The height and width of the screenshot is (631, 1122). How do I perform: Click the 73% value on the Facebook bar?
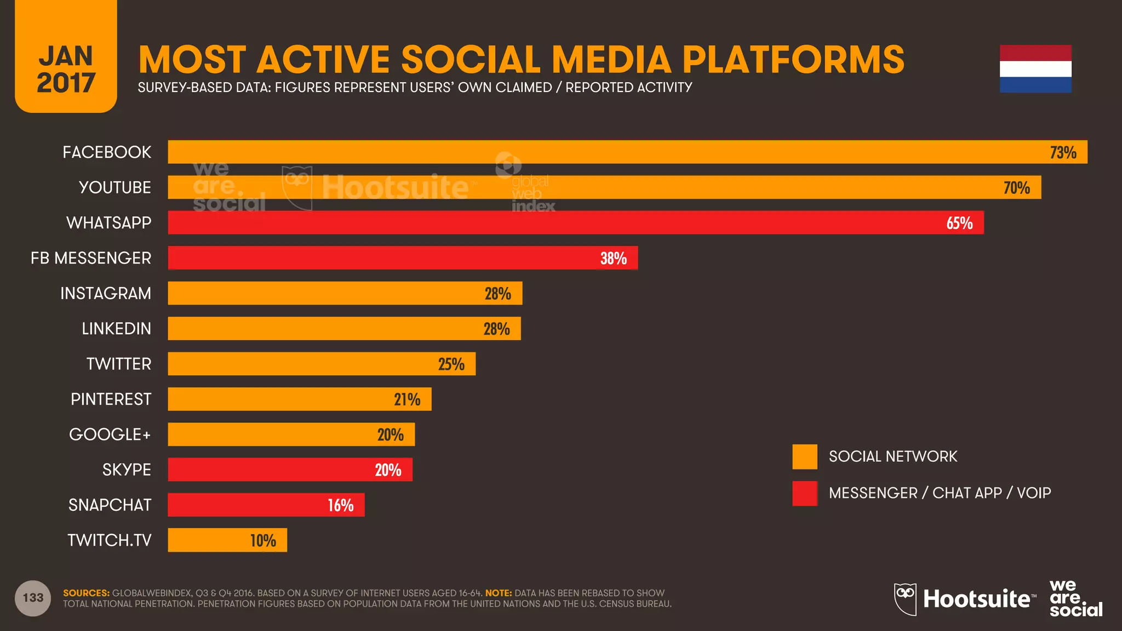(x=1063, y=152)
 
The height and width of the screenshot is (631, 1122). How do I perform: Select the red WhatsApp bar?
(x=575, y=222)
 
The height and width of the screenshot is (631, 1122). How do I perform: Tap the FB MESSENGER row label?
(x=91, y=258)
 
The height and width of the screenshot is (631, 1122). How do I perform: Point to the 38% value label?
(x=613, y=258)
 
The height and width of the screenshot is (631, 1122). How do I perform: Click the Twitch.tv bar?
(x=227, y=540)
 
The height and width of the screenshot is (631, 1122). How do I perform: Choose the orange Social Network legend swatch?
(x=804, y=457)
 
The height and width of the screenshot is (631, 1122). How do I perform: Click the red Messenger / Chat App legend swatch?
(x=804, y=493)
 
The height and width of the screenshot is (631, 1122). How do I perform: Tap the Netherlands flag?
(x=1035, y=69)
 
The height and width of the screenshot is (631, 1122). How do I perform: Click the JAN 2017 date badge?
(x=66, y=69)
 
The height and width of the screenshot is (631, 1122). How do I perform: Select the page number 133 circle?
(x=33, y=598)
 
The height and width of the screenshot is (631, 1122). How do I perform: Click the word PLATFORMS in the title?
(x=793, y=59)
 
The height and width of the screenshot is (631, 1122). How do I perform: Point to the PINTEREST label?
(x=111, y=399)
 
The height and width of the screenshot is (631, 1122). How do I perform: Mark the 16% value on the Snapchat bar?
(x=340, y=505)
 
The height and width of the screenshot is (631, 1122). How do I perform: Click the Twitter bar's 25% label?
(x=451, y=364)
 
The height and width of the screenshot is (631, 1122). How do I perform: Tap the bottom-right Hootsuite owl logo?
(x=905, y=599)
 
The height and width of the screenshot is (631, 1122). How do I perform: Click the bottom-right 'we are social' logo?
(x=1075, y=599)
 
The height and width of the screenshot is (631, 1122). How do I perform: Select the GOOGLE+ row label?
(x=110, y=434)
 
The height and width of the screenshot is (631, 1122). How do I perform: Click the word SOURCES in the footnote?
(x=86, y=593)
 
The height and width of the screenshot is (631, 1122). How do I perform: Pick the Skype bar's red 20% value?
(x=388, y=470)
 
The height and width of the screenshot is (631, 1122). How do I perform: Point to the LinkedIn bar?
(x=344, y=329)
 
